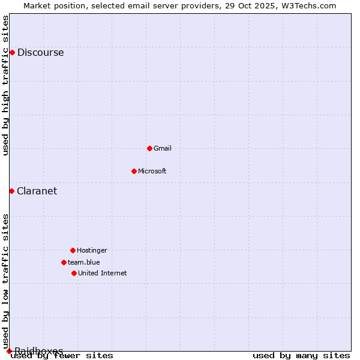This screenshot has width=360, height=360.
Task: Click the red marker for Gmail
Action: click(149, 148)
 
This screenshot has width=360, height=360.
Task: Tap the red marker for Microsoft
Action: click(134, 171)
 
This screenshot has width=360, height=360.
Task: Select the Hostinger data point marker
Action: click(73, 250)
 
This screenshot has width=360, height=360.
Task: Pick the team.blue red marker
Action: click(64, 262)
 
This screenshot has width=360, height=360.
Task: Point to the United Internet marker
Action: click(74, 273)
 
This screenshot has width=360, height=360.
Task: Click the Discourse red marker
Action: click(12, 52)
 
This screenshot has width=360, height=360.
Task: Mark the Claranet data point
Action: click(11, 191)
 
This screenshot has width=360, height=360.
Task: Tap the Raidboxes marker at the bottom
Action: click(9, 351)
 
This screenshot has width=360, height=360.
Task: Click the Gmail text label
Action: click(163, 148)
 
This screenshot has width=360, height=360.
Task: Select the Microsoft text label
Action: click(152, 171)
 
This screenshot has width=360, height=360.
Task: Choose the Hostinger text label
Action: click(92, 250)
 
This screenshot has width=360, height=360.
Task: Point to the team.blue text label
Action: click(84, 262)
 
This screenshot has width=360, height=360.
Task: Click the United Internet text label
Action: click(103, 273)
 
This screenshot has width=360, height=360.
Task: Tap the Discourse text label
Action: click(41, 52)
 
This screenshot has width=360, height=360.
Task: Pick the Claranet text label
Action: click(37, 191)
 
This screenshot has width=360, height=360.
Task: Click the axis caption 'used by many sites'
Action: click(301, 355)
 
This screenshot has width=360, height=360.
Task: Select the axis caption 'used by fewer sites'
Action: click(62, 355)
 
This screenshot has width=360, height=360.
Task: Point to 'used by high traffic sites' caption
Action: click(6, 85)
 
